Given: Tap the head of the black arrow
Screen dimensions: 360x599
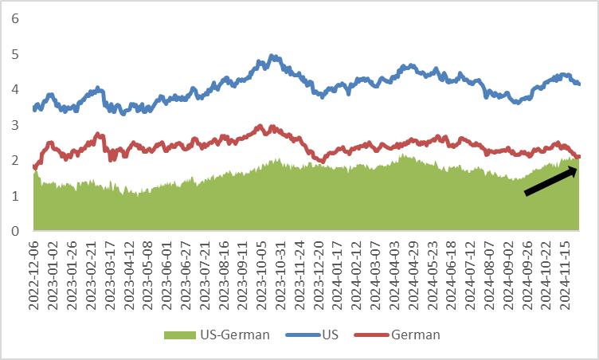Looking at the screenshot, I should [x=577, y=170].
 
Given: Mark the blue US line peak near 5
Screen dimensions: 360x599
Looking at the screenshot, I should [x=272, y=57].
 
